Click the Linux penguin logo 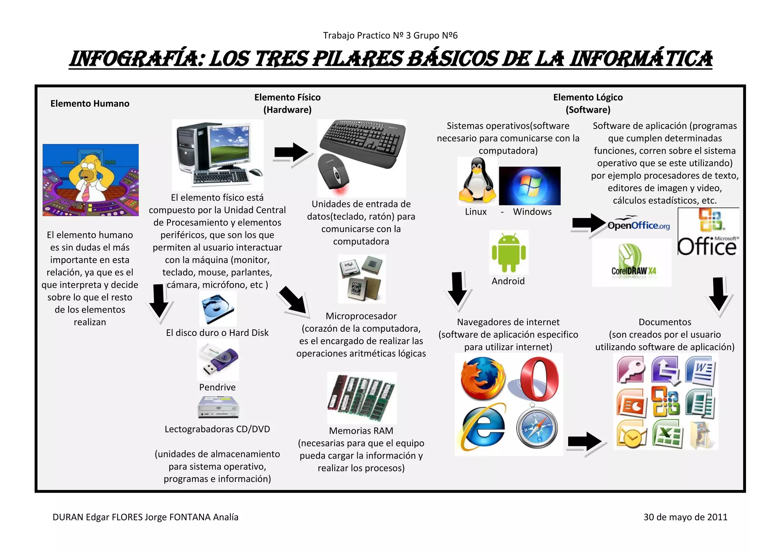tap(477, 181)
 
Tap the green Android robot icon tap(509, 252)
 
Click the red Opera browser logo tap(539, 378)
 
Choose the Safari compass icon tap(537, 428)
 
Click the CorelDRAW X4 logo tap(632, 262)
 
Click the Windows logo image tap(530, 186)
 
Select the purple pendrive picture tap(218, 359)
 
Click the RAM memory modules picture tap(362, 398)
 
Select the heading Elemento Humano tap(90, 104)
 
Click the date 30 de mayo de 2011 tap(685, 517)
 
